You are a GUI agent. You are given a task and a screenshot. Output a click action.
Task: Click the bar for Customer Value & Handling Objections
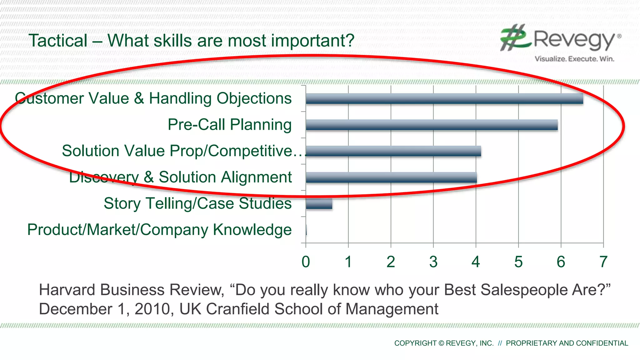444,99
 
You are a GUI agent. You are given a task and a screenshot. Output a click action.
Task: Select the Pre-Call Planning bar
431,125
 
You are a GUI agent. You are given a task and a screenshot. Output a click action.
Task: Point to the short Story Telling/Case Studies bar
319,204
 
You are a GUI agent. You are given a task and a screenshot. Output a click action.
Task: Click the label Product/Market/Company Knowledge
159,230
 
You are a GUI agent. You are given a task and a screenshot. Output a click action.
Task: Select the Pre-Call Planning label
229,125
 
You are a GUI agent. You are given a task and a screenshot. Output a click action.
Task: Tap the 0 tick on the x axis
306,262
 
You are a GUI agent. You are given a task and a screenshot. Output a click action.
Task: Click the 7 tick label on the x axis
603,262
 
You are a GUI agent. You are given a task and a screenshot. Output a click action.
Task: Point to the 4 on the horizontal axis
476,262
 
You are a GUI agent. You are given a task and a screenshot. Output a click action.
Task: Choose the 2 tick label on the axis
391,262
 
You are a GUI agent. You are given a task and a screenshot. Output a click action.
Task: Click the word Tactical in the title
58,41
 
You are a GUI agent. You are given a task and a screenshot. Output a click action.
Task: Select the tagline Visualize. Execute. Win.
574,59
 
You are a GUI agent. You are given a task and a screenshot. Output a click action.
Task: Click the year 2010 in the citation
152,309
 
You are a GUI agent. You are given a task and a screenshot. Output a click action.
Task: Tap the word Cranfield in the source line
237,309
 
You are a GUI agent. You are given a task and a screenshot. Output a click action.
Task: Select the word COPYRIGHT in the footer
415,343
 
